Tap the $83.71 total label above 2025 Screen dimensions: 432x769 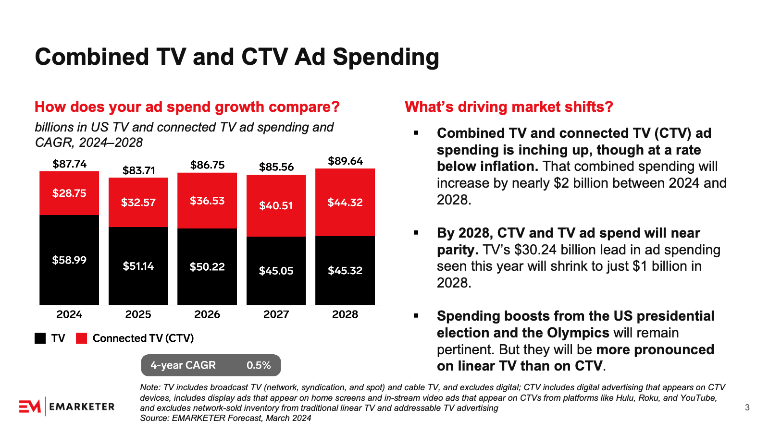(x=139, y=170)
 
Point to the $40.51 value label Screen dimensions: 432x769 (x=276, y=205)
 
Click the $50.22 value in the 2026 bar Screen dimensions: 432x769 (x=207, y=266)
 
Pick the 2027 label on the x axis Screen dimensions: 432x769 (x=276, y=314)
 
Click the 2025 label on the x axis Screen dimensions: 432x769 (x=138, y=314)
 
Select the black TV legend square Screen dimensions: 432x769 (x=40, y=338)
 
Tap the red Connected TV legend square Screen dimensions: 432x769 (x=82, y=338)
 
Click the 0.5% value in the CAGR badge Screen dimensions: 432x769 (x=259, y=365)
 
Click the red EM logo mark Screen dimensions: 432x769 (x=30, y=407)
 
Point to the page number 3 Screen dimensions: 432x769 (x=747, y=408)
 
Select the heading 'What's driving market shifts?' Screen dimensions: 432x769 (x=509, y=107)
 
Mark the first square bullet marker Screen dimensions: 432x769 (x=416, y=133)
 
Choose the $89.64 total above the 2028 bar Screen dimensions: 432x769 (x=345, y=161)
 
